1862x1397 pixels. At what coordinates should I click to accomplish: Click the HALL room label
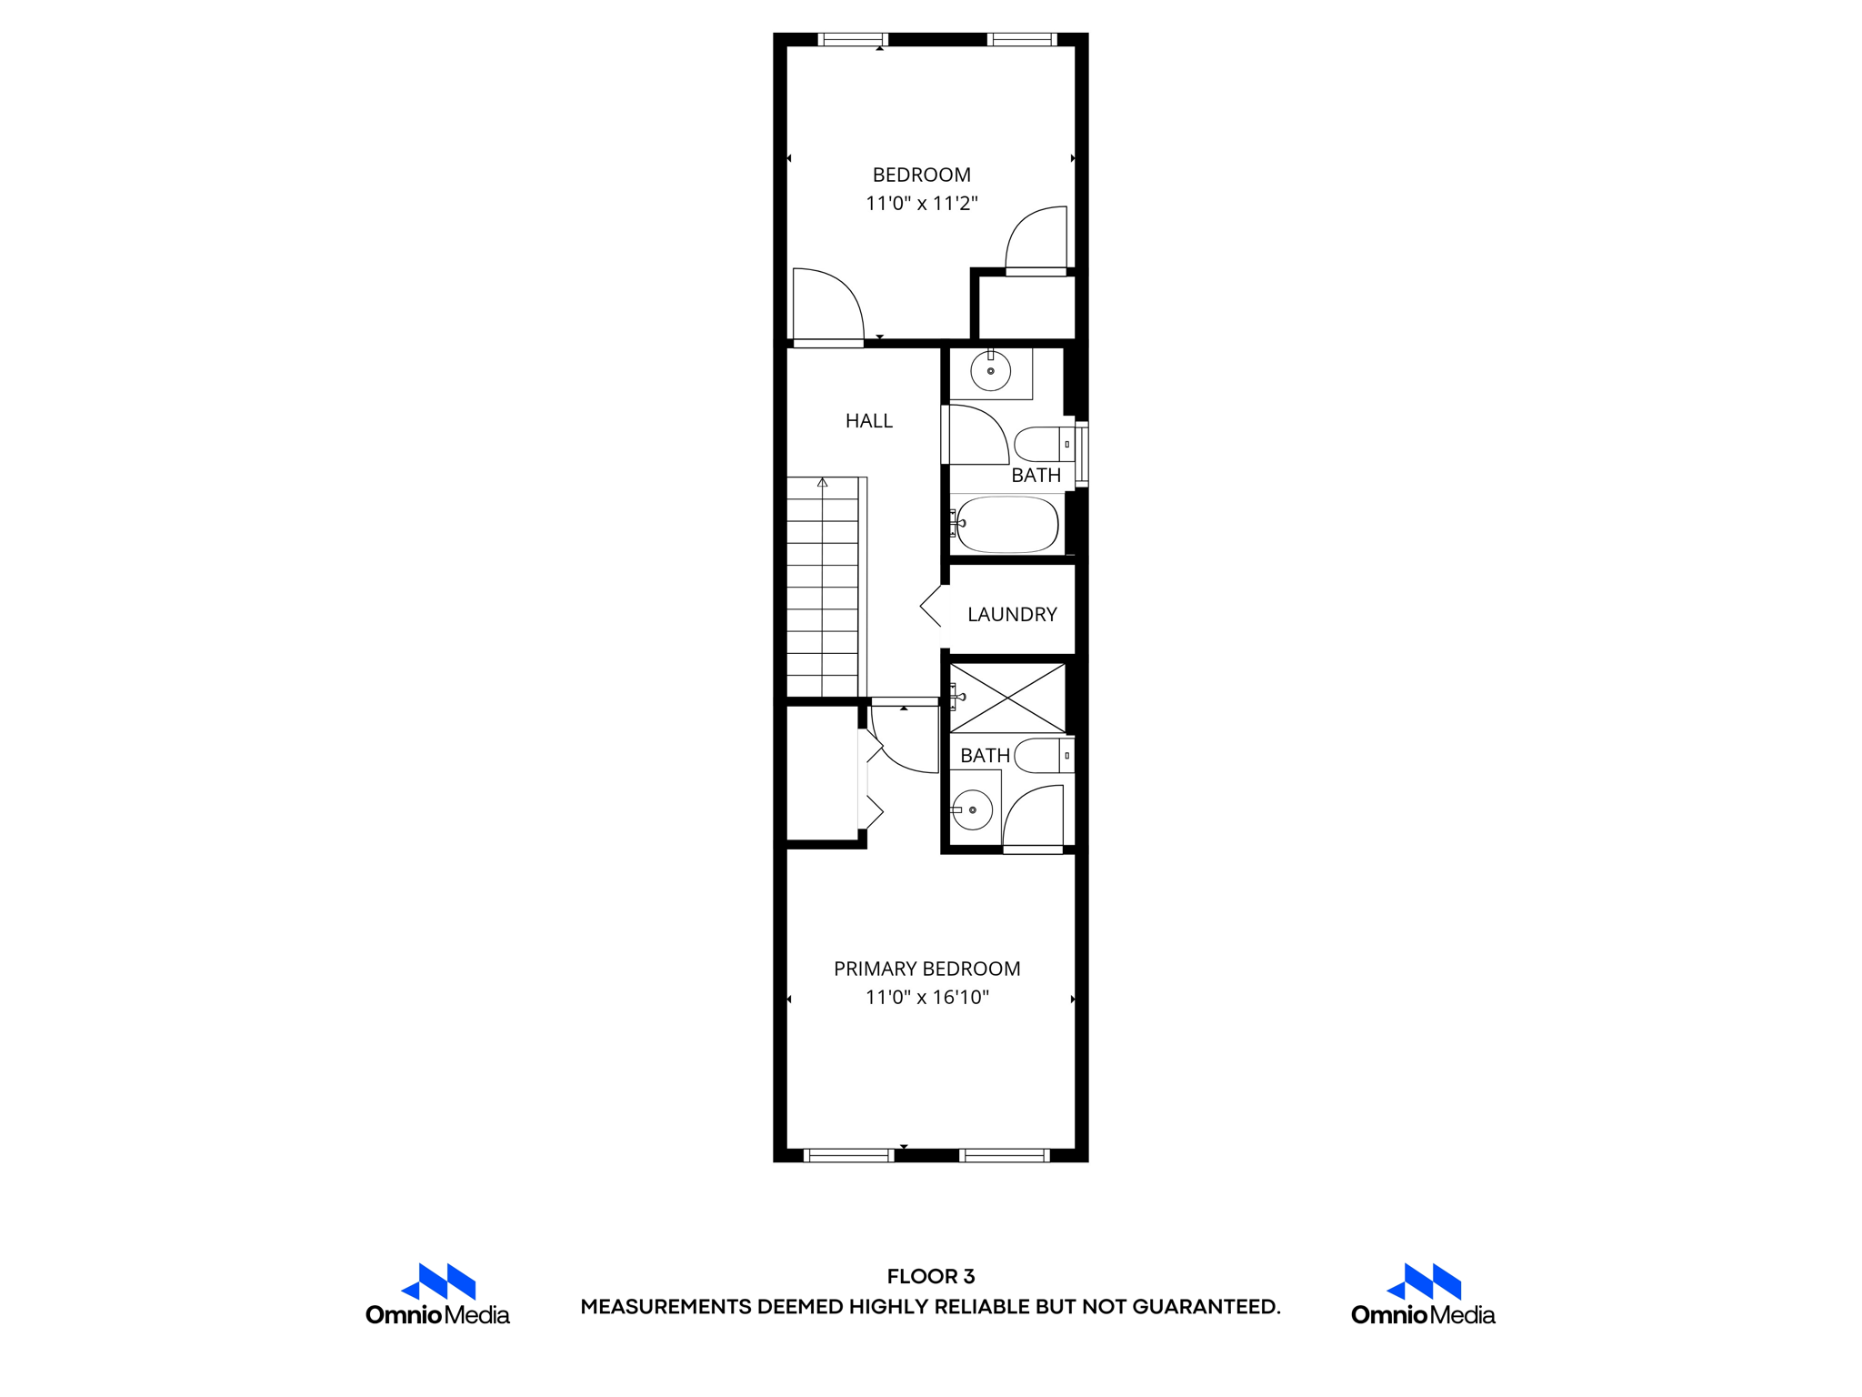tap(868, 420)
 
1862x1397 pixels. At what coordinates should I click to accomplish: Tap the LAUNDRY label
tap(1012, 615)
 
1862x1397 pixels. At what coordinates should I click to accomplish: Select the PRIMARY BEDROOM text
tap(926, 969)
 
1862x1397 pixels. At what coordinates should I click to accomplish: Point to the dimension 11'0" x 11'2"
tap(921, 203)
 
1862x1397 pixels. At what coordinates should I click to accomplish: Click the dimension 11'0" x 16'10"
tap(926, 997)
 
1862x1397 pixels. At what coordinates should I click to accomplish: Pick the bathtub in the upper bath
tap(1006, 524)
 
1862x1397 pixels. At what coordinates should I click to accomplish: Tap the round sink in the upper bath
tap(990, 371)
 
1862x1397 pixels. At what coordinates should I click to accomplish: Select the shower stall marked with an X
tap(1007, 698)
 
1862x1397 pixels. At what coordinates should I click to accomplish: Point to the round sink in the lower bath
tap(972, 809)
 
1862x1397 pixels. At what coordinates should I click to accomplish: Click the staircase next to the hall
tap(822, 591)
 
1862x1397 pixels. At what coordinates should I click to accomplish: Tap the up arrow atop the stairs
tap(822, 483)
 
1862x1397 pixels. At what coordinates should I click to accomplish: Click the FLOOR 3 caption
tap(930, 1276)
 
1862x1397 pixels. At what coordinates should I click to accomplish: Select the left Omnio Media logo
tap(437, 1294)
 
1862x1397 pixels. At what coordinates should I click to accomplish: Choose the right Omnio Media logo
tap(1423, 1294)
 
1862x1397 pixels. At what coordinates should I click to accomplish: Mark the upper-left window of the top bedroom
tap(853, 39)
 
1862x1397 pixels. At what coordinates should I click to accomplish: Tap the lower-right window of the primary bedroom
tap(1004, 1156)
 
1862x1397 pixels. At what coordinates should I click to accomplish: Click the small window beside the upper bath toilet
tap(1082, 454)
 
